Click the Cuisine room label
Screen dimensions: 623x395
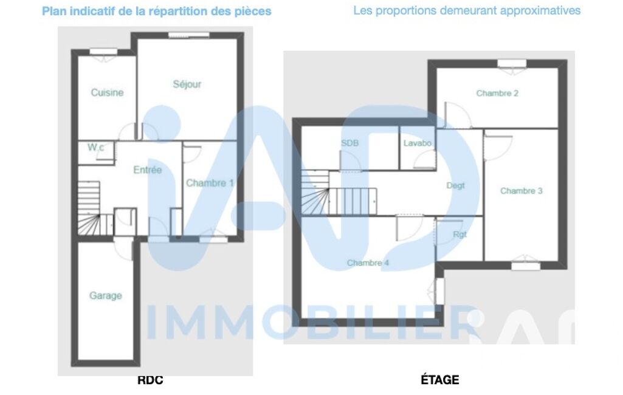pos(107,92)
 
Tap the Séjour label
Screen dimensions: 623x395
pos(187,84)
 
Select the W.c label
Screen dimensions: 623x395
pos(96,148)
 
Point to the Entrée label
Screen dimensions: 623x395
pos(148,170)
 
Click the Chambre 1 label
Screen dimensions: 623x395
pos(210,183)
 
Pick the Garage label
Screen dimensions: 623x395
pos(105,296)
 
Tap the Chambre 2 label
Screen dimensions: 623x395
pos(497,93)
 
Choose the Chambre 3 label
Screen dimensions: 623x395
pos(521,191)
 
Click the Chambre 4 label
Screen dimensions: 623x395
pos(368,263)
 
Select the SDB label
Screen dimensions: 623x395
pos(349,143)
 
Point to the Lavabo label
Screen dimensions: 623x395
pos(417,143)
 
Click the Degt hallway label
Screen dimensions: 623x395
pos(455,185)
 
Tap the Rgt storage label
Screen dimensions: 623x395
pos(460,235)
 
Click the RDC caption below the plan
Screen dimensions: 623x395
pos(150,380)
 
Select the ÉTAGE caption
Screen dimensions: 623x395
pos(440,379)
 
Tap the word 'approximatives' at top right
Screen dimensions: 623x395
pos(540,10)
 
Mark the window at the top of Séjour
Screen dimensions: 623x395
pos(189,35)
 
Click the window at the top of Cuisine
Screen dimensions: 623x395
pos(103,52)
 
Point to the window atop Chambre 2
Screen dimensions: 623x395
pos(512,64)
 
